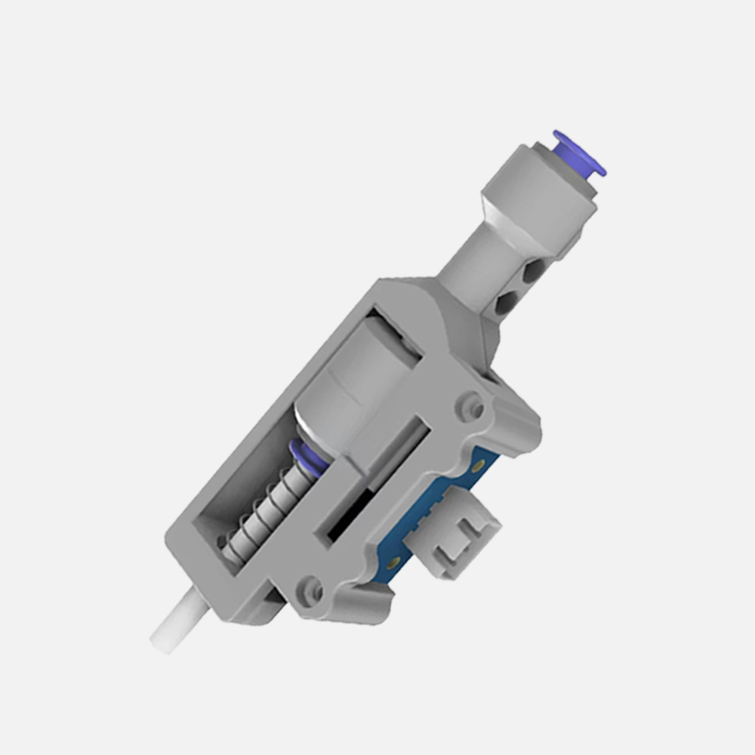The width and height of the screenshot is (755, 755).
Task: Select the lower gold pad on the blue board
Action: point(393,562)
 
